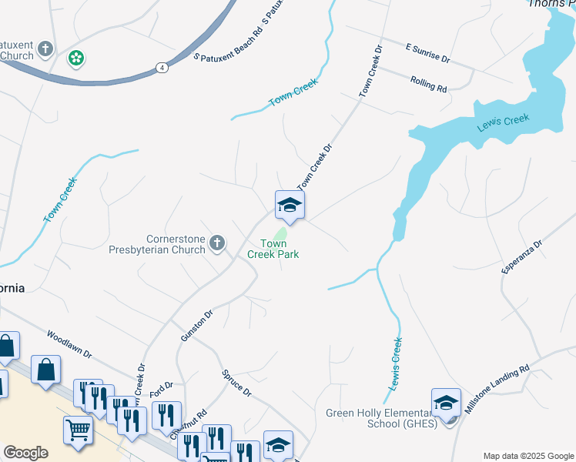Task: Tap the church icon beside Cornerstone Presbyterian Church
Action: tap(217, 244)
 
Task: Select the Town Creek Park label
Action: tap(273, 249)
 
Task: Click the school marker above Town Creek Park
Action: tap(290, 206)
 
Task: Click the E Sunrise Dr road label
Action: tap(427, 52)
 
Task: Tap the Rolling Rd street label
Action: tap(429, 84)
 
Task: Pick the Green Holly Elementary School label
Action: tap(381, 417)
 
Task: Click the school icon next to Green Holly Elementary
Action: tap(446, 402)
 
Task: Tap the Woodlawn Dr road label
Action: tap(69, 345)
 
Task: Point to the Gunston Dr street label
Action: tap(196, 326)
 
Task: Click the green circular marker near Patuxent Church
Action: tap(76, 58)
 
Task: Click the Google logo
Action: tap(25, 453)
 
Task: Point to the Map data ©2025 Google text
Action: tap(527, 456)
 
